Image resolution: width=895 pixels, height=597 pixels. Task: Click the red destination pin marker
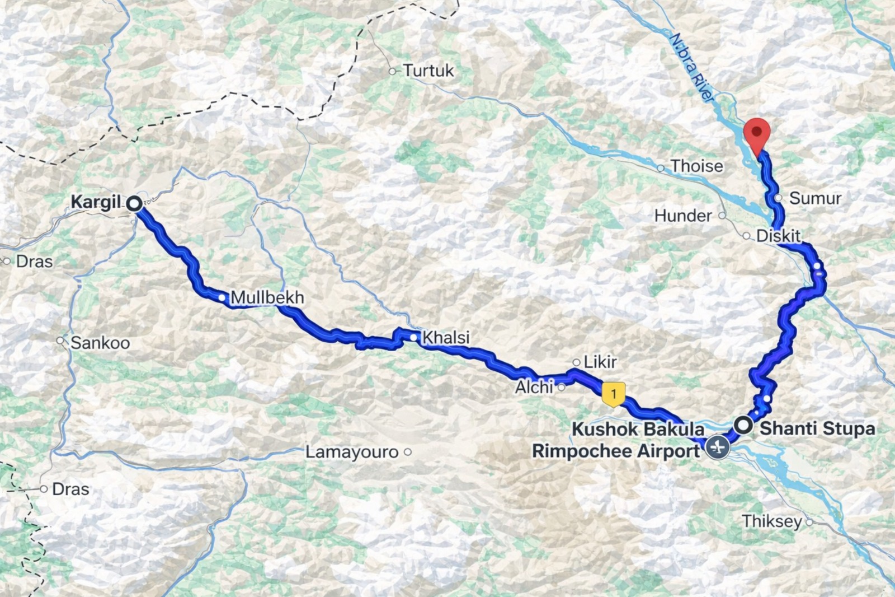point(757,134)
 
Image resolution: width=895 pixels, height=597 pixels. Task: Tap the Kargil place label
point(96,202)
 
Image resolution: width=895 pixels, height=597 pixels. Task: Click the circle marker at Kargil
point(134,204)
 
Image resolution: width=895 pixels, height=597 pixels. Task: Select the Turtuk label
point(428,71)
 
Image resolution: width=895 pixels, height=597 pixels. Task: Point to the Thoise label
point(696,166)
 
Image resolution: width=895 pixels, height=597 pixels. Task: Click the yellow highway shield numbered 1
point(613,394)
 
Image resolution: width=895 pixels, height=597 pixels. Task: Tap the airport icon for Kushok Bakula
point(717,447)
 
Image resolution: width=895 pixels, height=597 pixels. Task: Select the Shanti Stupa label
point(817,428)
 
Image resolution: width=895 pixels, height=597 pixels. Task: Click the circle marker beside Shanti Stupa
point(744,426)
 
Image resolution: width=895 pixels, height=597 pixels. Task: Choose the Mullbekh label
point(267,297)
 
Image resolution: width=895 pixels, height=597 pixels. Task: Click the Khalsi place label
point(445,338)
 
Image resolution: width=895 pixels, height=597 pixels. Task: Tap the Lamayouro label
point(352,452)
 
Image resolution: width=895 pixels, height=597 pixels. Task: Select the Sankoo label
point(100,343)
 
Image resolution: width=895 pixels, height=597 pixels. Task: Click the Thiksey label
point(772,521)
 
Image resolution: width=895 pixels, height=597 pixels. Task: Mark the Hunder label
point(683,216)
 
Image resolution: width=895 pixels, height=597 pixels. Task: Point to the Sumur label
point(815,198)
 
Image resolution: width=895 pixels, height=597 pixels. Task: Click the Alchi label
point(534,387)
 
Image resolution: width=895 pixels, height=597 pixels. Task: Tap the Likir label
point(600,362)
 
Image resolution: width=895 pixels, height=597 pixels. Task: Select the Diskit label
point(778,236)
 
